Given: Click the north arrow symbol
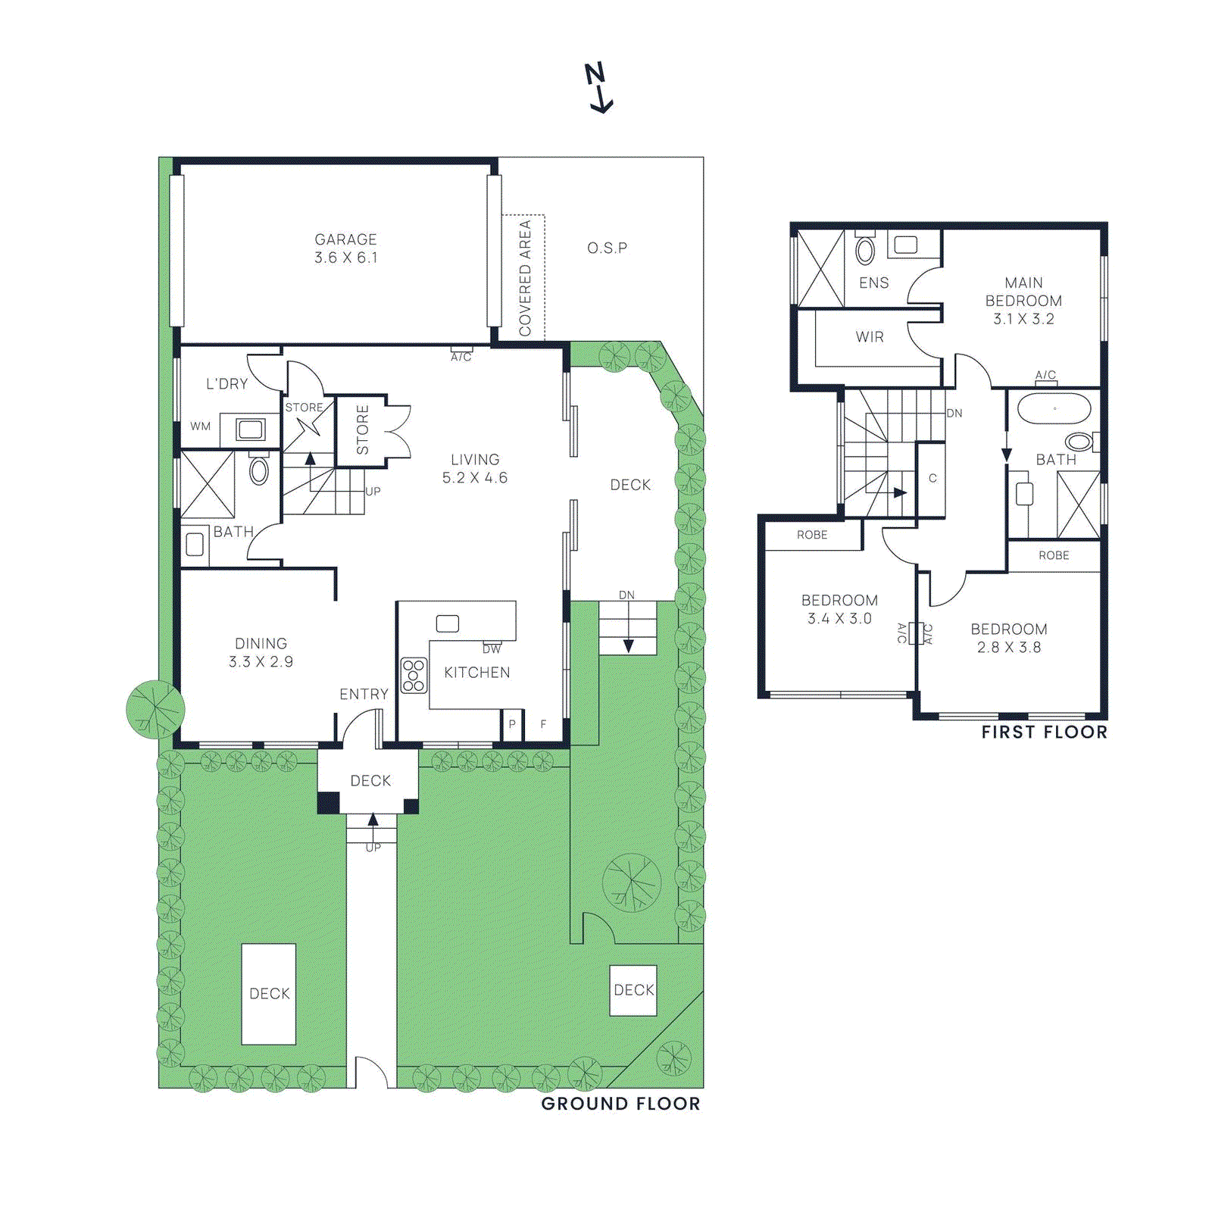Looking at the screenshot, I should (598, 88).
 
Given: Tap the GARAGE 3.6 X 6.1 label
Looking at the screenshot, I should (345, 248).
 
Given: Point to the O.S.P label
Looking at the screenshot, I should (607, 248).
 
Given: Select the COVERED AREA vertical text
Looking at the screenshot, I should (524, 278).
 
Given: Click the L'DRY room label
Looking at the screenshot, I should (227, 384).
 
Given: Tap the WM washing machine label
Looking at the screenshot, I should (200, 426).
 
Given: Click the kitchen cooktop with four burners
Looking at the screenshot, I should (414, 675).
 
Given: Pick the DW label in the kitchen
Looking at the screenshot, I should (492, 649).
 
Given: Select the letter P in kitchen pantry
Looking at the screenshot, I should (512, 725).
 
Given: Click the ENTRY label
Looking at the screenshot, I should (364, 694).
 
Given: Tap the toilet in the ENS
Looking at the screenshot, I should (865, 249).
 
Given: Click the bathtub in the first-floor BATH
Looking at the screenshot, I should (1054, 410).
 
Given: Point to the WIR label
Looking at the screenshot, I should (870, 337).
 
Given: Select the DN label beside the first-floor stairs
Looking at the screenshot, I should (954, 413).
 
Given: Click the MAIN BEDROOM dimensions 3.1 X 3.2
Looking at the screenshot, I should (1023, 319).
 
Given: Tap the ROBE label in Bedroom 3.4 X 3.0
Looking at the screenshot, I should (812, 535).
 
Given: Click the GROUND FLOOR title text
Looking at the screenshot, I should (620, 1104).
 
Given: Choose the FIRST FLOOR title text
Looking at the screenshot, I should (1044, 732).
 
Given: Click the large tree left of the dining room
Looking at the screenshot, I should (155, 710).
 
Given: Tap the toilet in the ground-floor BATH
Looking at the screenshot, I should (259, 470).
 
